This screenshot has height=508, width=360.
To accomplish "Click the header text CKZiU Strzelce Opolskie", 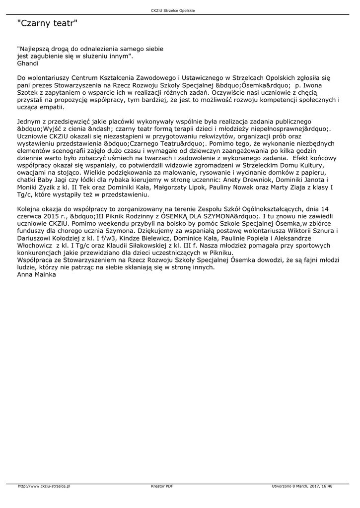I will click(x=180, y=10).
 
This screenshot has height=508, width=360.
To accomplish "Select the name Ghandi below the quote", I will click(x=27, y=63).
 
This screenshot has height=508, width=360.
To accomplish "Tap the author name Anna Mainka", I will click(x=36, y=274).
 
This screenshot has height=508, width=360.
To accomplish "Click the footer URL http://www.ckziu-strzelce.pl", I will click(x=44, y=486).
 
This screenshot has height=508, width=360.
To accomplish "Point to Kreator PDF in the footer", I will click(x=162, y=486).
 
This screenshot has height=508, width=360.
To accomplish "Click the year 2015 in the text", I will click(x=61, y=216).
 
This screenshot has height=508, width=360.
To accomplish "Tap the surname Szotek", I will click(x=28, y=92).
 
